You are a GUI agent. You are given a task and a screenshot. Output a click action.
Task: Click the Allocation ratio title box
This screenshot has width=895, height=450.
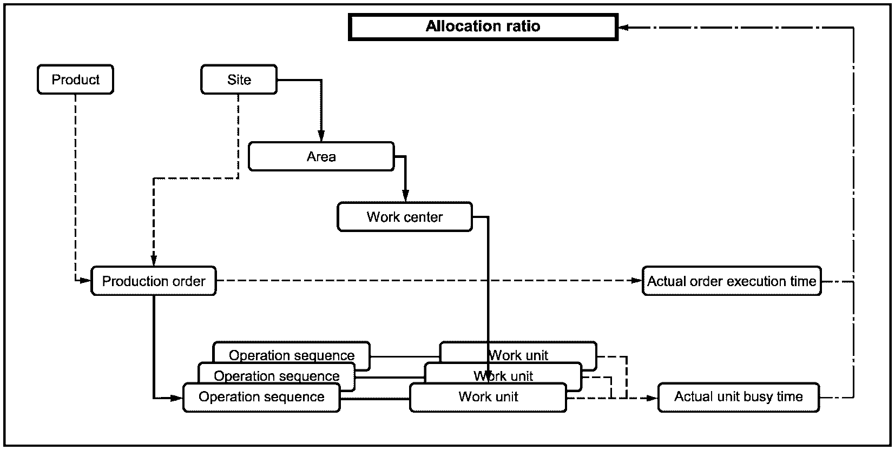(x=483, y=27)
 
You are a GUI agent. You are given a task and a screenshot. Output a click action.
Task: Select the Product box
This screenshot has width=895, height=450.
(x=76, y=80)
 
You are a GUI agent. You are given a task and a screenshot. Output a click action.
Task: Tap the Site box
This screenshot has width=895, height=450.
(x=239, y=80)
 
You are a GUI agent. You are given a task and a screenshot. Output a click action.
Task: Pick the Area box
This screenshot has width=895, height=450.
(x=321, y=156)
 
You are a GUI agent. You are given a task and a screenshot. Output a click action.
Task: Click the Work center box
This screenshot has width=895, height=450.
(x=405, y=217)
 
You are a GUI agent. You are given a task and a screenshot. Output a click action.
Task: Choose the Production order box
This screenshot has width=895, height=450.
(x=154, y=281)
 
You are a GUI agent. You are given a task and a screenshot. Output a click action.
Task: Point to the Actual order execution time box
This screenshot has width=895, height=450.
(x=732, y=281)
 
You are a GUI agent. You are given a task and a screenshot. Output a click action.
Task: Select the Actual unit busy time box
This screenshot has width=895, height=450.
(x=739, y=398)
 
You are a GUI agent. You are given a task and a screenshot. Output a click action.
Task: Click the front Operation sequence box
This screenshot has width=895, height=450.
(x=262, y=398)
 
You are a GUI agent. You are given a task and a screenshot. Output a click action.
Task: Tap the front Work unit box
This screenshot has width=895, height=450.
(x=488, y=398)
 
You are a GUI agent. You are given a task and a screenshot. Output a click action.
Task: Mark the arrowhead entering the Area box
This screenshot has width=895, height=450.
(x=321, y=136)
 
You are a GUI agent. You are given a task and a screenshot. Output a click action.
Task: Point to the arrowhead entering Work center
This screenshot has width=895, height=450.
(x=405, y=196)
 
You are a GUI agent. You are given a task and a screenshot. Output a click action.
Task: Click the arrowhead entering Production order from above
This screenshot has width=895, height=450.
(x=154, y=260)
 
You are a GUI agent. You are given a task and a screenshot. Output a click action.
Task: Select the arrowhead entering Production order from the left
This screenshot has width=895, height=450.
(x=85, y=281)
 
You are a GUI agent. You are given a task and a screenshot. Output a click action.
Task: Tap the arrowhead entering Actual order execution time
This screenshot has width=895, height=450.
(x=636, y=281)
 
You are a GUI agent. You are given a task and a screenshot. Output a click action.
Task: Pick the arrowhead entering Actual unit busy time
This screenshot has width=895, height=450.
(x=652, y=398)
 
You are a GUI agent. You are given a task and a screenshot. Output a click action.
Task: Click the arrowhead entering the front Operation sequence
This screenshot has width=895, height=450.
(x=177, y=398)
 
